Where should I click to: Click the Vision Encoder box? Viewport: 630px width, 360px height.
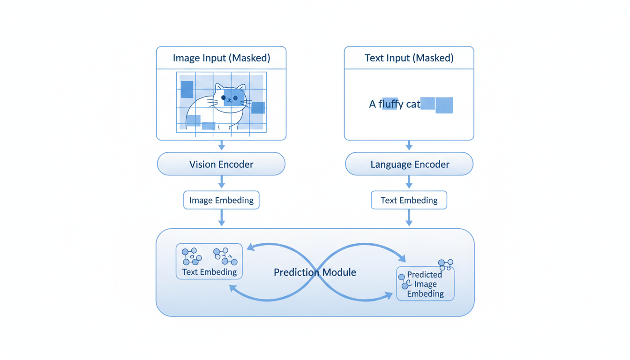(221, 165)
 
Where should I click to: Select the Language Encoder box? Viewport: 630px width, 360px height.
(409, 165)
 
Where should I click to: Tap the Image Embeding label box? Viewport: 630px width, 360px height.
(221, 200)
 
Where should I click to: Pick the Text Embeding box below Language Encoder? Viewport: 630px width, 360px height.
(409, 200)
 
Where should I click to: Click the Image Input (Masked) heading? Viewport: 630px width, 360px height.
(221, 58)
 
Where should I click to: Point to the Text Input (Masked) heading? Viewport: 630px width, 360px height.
(409, 58)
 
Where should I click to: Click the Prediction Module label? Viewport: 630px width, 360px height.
(315, 272)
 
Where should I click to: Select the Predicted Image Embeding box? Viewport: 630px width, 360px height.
(425, 284)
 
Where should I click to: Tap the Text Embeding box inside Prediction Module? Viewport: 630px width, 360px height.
(209, 262)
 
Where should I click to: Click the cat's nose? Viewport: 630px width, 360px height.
(229, 101)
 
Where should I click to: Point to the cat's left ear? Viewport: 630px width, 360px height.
(218, 88)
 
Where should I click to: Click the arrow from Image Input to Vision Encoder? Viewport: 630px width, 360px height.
(222, 145)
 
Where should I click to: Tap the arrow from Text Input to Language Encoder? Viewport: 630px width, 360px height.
(409, 145)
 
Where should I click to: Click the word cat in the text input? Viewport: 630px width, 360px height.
(413, 105)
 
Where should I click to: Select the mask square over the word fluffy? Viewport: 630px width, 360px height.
(390, 104)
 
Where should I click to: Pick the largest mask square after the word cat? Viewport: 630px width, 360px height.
(444, 105)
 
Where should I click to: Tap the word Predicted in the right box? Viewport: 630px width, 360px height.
(424, 275)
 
